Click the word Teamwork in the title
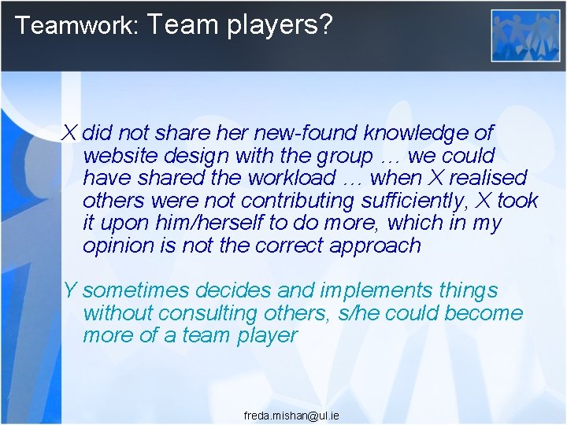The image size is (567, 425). pos(76,25)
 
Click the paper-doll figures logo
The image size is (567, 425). pos(525,35)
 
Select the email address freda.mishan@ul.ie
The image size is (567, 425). pos(291,415)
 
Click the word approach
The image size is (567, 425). pos(377,246)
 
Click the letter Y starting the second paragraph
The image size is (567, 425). pos(69,290)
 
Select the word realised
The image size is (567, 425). pos(488,177)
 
